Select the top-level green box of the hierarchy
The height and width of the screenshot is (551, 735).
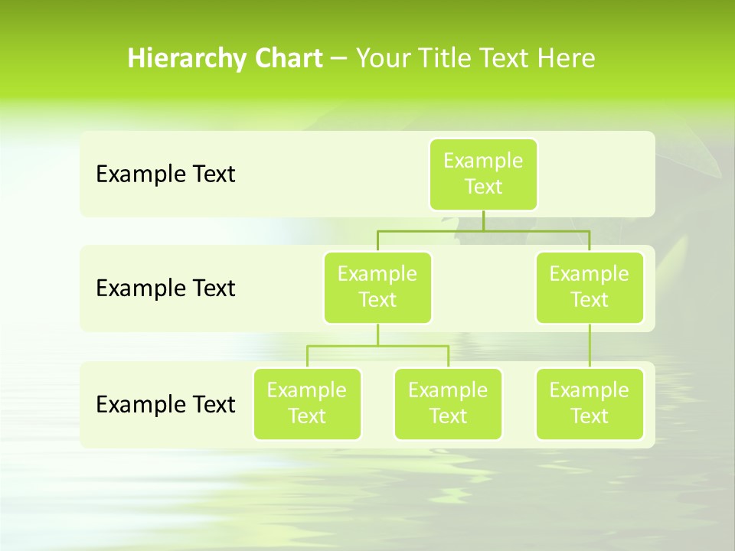click(x=483, y=174)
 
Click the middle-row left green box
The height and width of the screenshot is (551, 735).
click(x=377, y=288)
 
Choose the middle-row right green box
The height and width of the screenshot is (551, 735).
click(x=590, y=288)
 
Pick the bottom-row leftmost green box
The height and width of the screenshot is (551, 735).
click(x=307, y=404)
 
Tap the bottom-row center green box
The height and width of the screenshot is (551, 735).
click(x=448, y=404)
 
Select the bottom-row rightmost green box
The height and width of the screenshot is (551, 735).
click(x=590, y=404)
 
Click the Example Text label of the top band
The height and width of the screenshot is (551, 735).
click(x=165, y=174)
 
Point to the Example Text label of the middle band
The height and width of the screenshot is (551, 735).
click(x=165, y=289)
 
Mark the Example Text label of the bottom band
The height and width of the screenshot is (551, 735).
click(x=165, y=404)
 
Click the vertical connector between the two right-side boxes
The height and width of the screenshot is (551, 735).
click(x=590, y=346)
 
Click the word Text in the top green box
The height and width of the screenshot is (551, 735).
click(x=483, y=187)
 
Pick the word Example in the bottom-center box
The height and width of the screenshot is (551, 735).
click(x=448, y=391)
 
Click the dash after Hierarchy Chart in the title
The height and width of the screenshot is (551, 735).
click(x=339, y=59)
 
